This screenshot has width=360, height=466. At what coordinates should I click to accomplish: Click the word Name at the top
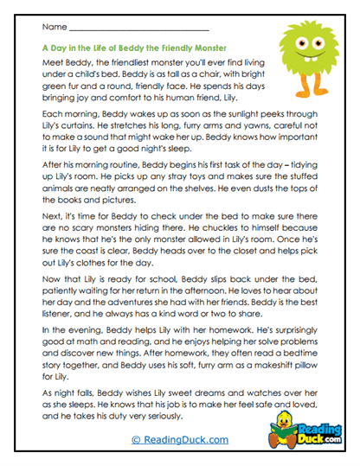click(41, 29)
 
